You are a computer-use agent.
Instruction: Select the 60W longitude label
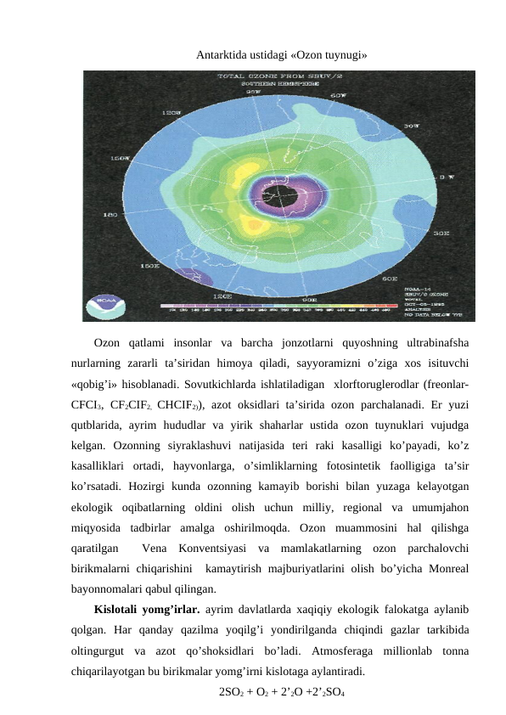tap(338, 95)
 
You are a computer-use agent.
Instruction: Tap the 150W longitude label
tap(121, 158)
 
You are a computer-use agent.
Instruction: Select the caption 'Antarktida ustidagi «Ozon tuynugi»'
tap(282, 56)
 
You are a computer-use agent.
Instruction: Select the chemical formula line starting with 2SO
tap(281, 691)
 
